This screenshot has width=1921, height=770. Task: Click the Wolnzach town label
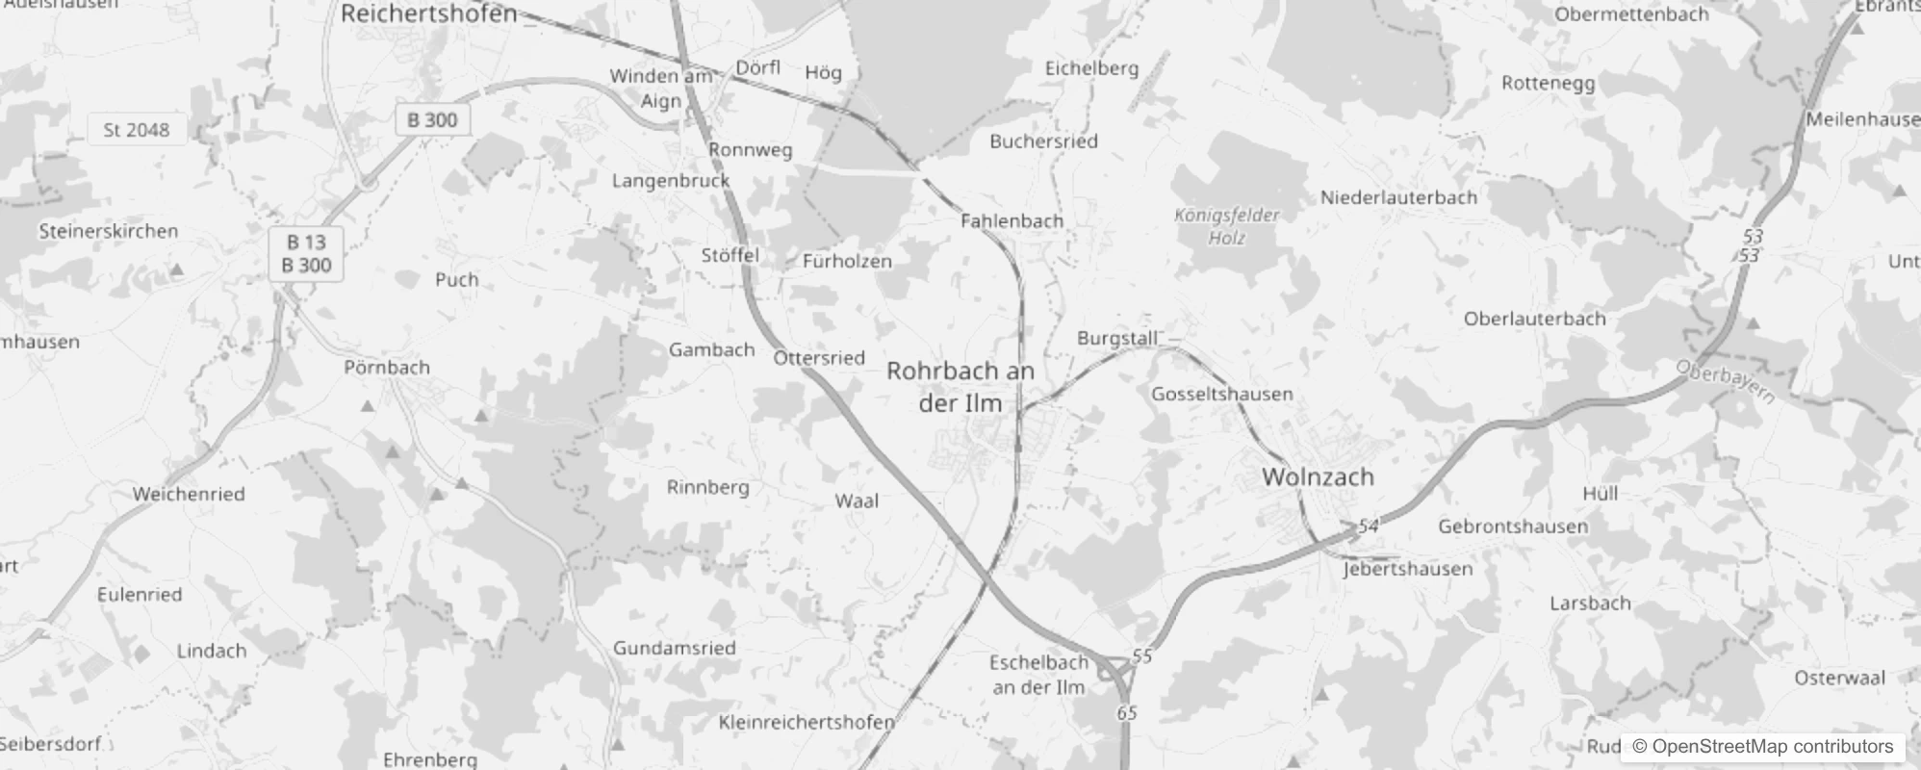(x=1318, y=476)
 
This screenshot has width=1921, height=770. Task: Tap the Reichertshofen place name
(x=429, y=13)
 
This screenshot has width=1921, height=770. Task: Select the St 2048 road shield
(x=136, y=130)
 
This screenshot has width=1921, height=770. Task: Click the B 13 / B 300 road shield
(x=306, y=254)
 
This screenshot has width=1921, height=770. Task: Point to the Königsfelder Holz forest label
(x=1227, y=226)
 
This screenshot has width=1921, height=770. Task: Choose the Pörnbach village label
(x=387, y=367)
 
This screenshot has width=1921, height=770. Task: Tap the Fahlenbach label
(x=1012, y=220)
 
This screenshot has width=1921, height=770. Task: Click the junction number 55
(x=1142, y=656)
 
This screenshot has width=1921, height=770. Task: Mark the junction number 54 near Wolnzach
(x=1369, y=526)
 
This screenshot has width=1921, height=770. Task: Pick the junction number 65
(x=1127, y=713)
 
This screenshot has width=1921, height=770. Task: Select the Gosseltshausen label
(x=1222, y=394)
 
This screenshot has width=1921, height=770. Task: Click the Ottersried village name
(x=819, y=358)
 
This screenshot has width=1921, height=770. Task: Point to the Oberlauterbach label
(x=1534, y=319)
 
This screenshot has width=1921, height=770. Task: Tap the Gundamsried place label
(x=675, y=648)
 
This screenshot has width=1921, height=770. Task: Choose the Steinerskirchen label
(x=109, y=231)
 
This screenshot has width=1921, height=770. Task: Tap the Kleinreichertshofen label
(x=807, y=722)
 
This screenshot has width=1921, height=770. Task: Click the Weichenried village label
(x=189, y=494)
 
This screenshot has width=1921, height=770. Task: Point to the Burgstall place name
(x=1117, y=339)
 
